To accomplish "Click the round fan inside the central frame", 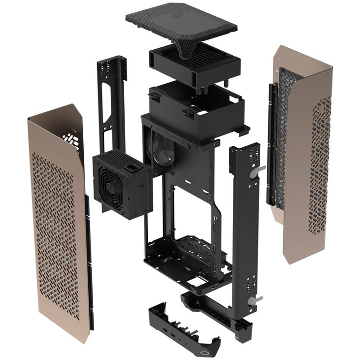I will tap(161, 148).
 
